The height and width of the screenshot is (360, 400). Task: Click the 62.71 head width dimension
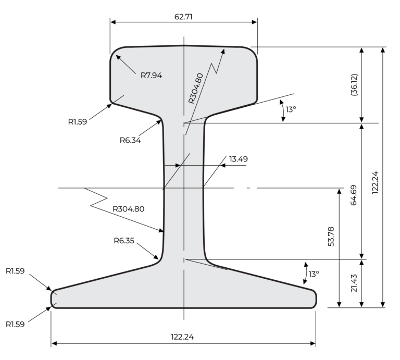[x=183, y=17]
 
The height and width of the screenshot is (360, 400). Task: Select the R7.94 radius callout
[x=151, y=75]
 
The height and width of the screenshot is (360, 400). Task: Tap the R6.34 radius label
[x=130, y=140]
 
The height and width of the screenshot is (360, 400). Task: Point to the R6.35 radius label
[x=124, y=241]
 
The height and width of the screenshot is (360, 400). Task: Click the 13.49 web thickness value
[x=238, y=158]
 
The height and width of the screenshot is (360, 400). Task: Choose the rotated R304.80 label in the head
[x=196, y=89]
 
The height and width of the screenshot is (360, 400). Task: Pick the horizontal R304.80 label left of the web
[x=128, y=209]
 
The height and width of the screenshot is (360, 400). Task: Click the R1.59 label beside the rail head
[x=78, y=121]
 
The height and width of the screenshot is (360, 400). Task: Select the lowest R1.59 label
[x=16, y=324]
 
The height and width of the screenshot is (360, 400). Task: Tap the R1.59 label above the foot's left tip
[x=16, y=271]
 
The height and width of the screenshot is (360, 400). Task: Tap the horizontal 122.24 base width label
[x=182, y=337]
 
